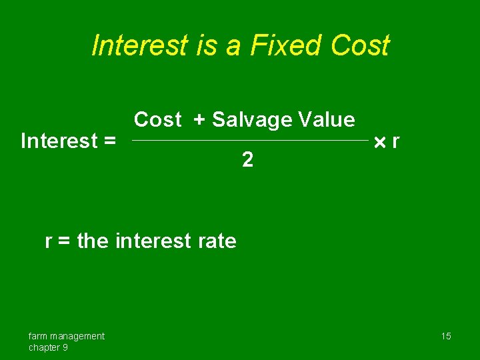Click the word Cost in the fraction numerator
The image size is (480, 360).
[158, 120]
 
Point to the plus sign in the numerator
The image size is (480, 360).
[199, 120]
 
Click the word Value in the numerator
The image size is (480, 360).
[327, 120]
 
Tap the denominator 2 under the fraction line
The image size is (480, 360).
[247, 160]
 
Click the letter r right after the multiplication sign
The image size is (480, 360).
[396, 142]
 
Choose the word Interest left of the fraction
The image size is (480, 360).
[59, 141]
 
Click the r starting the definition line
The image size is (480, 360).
[49, 241]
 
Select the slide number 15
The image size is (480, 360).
[445, 336]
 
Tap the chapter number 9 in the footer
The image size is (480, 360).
[65, 347]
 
